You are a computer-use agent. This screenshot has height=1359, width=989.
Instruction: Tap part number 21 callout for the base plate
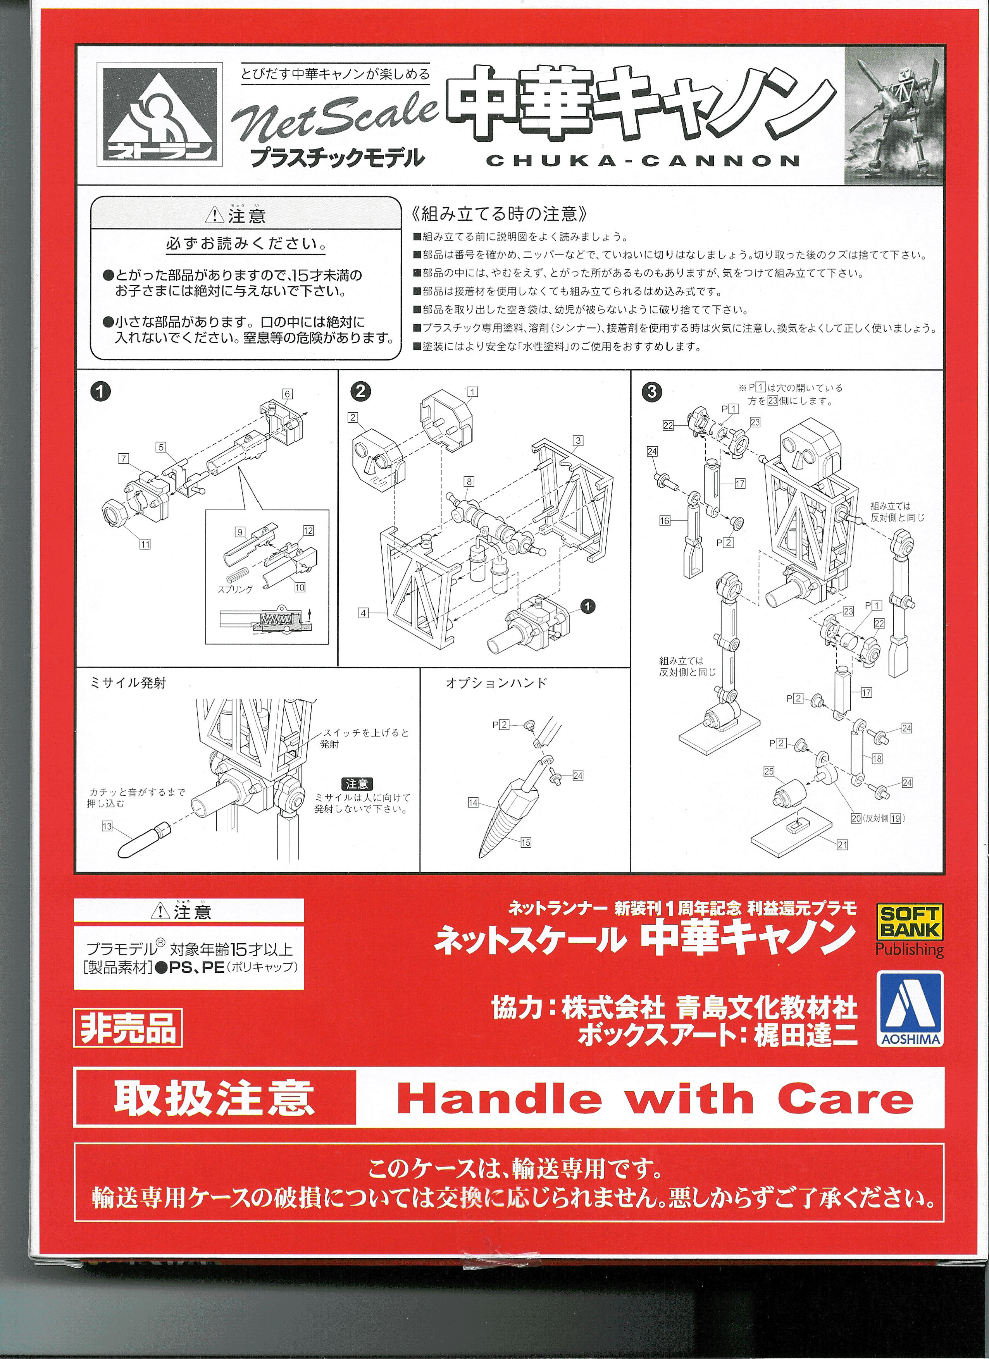(x=842, y=845)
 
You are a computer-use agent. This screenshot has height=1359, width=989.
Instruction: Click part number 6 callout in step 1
(x=288, y=394)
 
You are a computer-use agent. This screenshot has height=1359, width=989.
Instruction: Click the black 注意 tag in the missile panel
(x=357, y=784)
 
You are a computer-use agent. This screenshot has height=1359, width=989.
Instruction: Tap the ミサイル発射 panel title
(x=127, y=683)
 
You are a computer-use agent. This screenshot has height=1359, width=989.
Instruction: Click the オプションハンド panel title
(x=496, y=683)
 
